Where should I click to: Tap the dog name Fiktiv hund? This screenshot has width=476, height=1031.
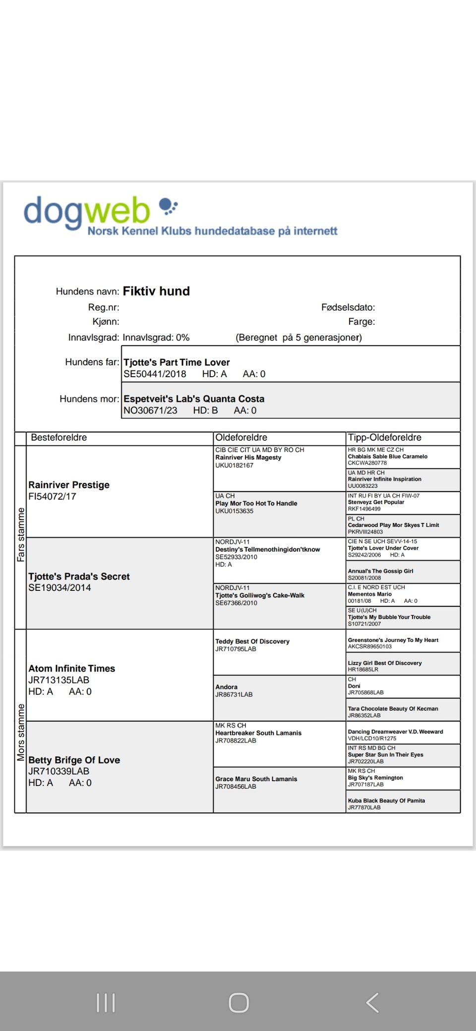coord(156,291)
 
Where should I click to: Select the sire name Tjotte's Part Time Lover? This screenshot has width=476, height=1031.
coord(177,362)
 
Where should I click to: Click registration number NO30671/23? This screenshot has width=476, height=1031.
coord(150,410)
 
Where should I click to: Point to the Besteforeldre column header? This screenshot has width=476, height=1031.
coord(59,437)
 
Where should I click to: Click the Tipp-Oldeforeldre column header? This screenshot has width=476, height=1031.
coord(384,437)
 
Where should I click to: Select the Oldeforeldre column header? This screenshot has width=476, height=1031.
coord(241,437)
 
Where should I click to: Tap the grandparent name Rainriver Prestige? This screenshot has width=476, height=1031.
coord(69,485)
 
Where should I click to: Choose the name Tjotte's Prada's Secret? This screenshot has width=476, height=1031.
coord(79,576)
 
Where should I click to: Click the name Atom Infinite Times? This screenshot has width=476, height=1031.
coord(71,668)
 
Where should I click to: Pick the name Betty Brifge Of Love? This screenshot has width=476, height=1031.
coord(74,760)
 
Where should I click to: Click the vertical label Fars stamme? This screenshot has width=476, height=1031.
coord(21,534)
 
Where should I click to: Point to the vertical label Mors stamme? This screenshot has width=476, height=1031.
coord(21,732)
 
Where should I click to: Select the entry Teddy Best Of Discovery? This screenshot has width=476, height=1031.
coord(252,641)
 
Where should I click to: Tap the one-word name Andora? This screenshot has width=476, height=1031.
coord(226,687)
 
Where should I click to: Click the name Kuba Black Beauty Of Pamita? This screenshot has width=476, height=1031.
coord(386,801)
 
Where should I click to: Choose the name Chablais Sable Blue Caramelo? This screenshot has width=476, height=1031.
coord(387,457)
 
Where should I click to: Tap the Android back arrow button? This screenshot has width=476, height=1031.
coord(373,1003)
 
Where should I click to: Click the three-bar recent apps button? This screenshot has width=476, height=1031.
coord(106,1003)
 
